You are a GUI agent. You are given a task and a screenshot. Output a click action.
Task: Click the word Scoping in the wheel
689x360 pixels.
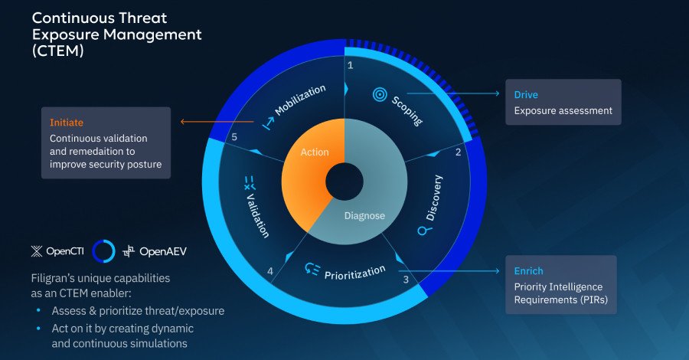point(407,110)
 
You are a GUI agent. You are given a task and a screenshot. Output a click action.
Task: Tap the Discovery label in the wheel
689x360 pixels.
point(434,198)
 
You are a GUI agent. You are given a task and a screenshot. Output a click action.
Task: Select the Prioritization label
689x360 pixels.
point(354,271)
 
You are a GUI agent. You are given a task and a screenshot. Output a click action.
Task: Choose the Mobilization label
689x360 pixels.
point(300,100)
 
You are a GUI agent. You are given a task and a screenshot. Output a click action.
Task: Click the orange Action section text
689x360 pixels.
point(315,152)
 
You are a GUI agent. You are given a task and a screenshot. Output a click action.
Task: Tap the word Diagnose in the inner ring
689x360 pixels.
point(364,215)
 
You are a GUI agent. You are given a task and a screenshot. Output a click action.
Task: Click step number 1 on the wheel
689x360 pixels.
point(350,66)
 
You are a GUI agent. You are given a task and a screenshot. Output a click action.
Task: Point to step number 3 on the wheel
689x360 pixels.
point(405,280)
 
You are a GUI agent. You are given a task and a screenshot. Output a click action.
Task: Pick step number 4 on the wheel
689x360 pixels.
point(269,270)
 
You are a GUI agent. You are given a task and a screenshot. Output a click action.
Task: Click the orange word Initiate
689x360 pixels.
point(67,123)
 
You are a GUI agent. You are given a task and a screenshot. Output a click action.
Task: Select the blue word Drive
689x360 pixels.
point(526,95)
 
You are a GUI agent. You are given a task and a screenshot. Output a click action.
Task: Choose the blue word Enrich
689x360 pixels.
point(528,271)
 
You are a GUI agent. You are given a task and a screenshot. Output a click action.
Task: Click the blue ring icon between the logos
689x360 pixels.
point(103,250)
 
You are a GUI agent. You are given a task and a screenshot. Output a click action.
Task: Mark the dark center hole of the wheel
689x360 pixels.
point(344,182)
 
